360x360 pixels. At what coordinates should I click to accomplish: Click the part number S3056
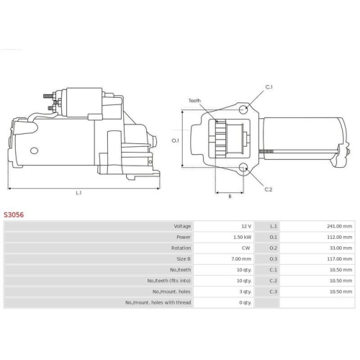[x=14, y=215]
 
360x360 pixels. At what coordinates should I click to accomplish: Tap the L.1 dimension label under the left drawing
[x=78, y=193]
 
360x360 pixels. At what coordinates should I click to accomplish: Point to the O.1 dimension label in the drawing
[x=176, y=140]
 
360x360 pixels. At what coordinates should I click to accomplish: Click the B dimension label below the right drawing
[x=230, y=197]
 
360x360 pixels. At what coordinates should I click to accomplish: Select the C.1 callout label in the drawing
[x=269, y=87]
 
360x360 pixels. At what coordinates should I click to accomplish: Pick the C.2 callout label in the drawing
[x=269, y=189]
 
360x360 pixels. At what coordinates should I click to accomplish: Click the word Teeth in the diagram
[x=194, y=101]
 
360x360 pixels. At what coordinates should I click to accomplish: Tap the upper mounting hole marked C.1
[x=243, y=109]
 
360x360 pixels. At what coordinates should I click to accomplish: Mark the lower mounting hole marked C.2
[x=243, y=167]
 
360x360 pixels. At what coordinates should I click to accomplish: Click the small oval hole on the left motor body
[x=34, y=150]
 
